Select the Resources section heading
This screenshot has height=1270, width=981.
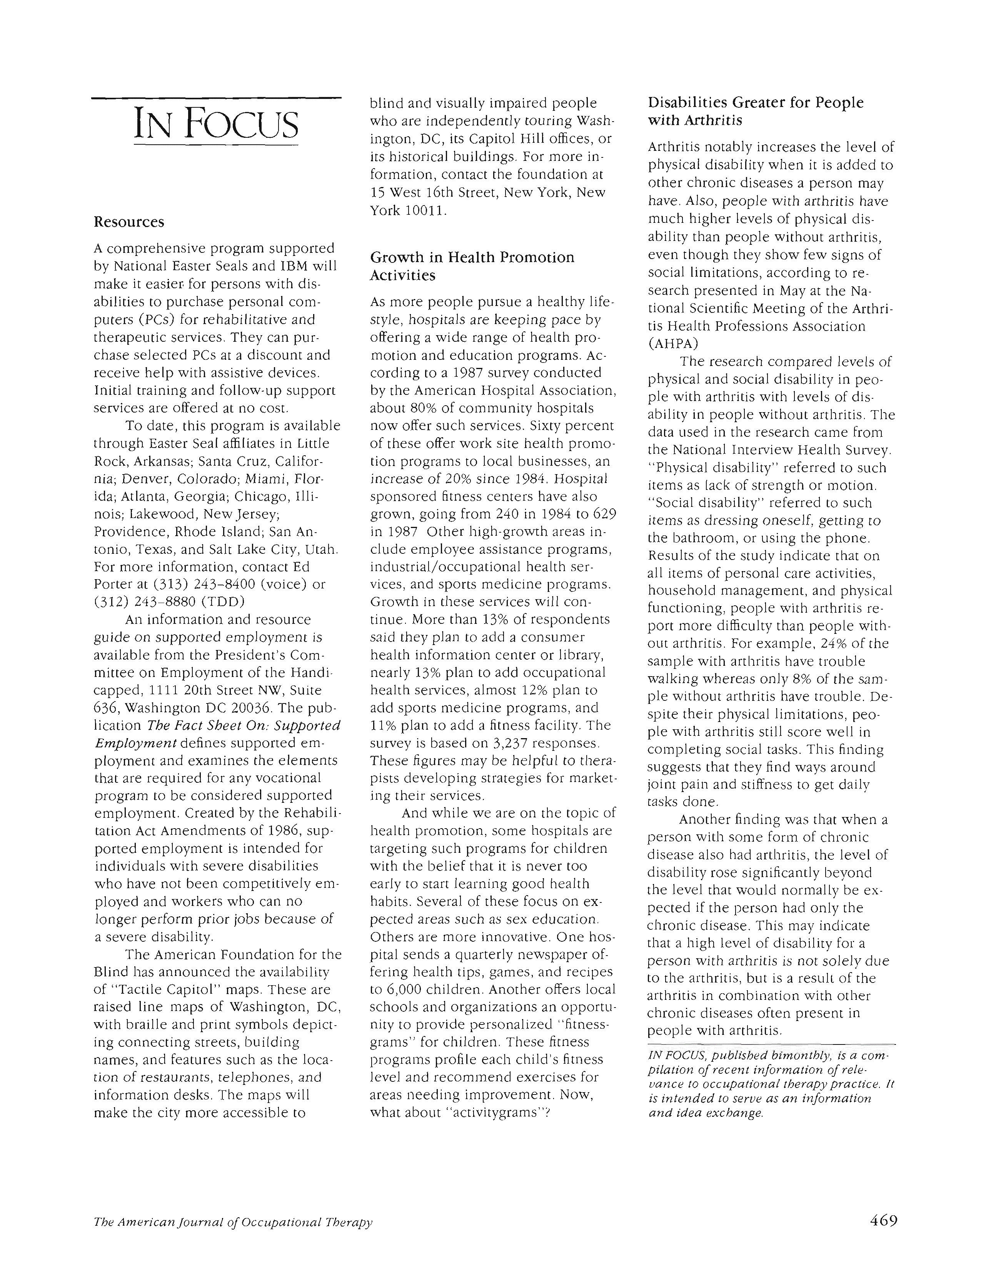click(x=129, y=222)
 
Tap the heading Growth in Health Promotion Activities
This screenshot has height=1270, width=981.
click(x=472, y=266)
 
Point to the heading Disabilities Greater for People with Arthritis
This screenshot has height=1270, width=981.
click(x=756, y=112)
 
